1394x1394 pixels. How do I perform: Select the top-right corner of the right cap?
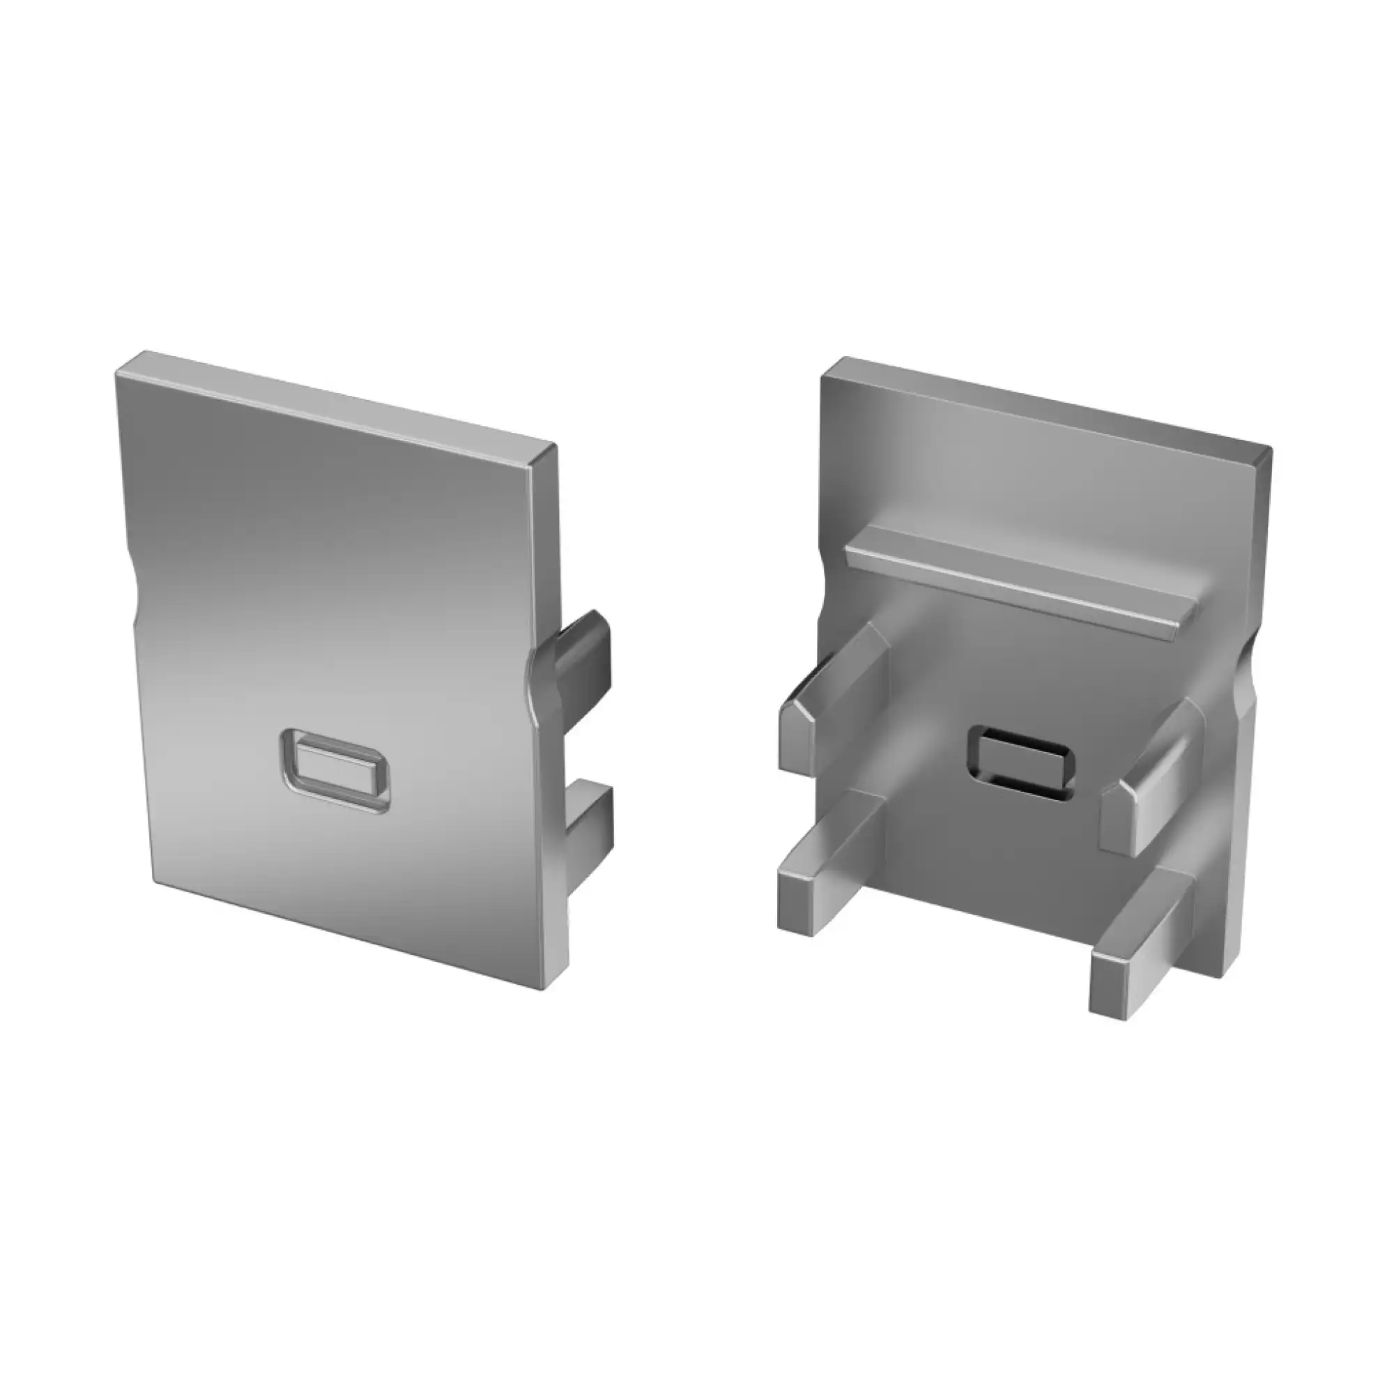[1270, 449]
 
